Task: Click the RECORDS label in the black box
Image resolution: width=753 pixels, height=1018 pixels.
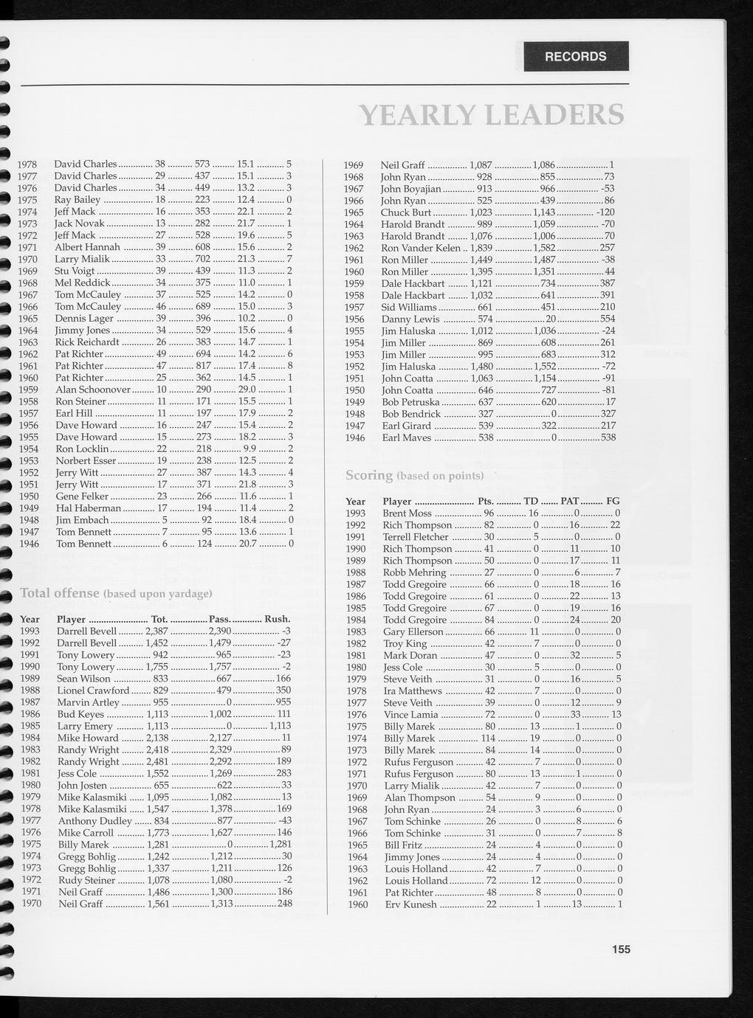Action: [x=576, y=57]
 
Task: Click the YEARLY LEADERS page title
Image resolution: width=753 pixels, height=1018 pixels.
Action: [x=491, y=115]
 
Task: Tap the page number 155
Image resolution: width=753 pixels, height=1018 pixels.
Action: [x=621, y=949]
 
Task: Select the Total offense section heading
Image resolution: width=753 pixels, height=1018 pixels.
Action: [x=60, y=593]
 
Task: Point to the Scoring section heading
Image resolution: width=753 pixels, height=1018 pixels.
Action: [x=369, y=475]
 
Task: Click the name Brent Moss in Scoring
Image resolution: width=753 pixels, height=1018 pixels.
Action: [x=407, y=513]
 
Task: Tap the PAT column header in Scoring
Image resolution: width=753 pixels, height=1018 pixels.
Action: [x=569, y=501]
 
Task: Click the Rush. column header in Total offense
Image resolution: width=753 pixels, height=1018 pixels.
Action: [x=277, y=619]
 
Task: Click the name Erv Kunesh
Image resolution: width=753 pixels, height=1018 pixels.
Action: [x=411, y=904]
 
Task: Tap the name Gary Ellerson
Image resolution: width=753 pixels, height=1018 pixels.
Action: [x=413, y=631]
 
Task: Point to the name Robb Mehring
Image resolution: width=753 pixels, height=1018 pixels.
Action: [x=414, y=572]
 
